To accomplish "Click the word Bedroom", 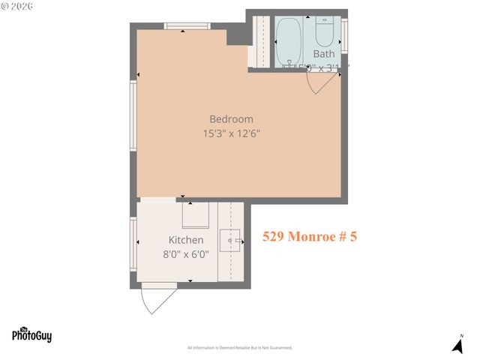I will point(231,118).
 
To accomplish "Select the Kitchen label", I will point(185,240).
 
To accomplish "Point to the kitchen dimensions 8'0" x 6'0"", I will point(184,254).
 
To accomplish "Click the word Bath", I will point(324,54).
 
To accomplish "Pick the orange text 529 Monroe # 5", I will point(310,236).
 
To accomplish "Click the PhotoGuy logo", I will point(31,335).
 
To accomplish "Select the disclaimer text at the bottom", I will point(239,348).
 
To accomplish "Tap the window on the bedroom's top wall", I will point(187,27).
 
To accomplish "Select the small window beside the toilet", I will point(344,34).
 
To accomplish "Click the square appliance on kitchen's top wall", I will point(196,216).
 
